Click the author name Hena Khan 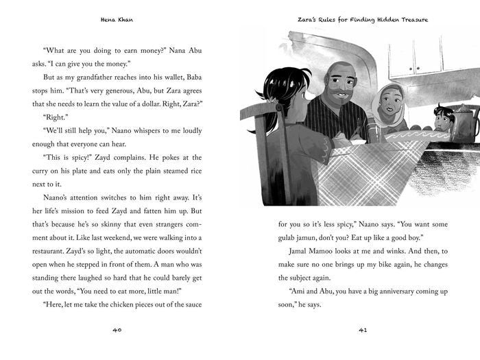[x=116, y=20]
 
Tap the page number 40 [x=116, y=331]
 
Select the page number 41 [x=363, y=331]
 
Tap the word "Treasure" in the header [x=407, y=20]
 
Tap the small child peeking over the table [x=443, y=119]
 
